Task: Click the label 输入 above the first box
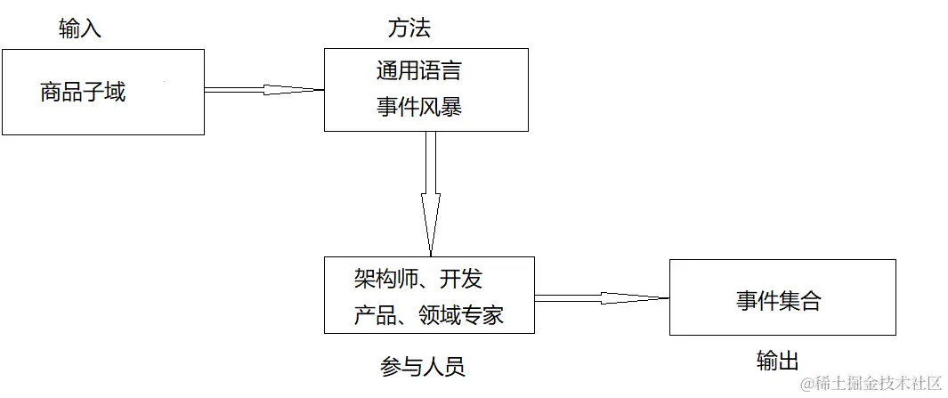[80, 28]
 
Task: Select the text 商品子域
[83, 92]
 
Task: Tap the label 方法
[409, 28]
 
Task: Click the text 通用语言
[418, 70]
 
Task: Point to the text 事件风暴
[418, 108]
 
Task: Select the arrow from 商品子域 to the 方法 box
[263, 89]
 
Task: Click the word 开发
[461, 280]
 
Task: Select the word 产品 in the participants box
[375, 315]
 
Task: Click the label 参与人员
[423, 366]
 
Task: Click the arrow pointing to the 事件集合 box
[601, 297]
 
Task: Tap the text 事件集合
[779, 301]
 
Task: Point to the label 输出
[778, 361]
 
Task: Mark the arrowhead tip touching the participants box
[431, 255]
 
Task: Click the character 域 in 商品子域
[115, 92]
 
